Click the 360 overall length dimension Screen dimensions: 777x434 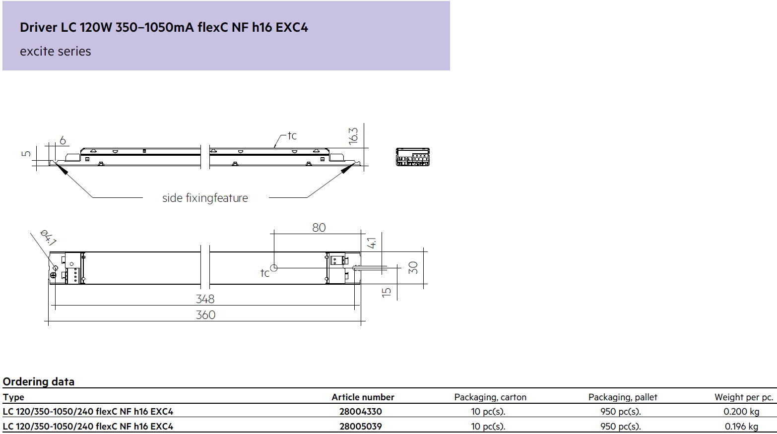205,315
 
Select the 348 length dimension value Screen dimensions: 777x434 205,299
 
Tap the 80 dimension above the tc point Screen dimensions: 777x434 319,227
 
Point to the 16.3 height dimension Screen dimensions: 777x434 353,136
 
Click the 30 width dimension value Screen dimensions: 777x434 413,268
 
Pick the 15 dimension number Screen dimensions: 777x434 386,292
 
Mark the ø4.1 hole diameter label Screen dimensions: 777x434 48,238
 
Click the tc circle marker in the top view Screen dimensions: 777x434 274,268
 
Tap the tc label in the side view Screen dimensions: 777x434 292,135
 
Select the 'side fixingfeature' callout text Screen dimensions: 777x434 205,198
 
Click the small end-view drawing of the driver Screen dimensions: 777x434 413,157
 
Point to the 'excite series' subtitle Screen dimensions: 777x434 56,51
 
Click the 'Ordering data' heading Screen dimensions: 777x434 39,381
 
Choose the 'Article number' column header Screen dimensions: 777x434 363,397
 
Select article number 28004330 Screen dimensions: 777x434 360,412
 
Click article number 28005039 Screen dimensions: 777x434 360,426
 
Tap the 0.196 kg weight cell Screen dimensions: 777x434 741,426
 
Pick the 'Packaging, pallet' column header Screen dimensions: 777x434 623,397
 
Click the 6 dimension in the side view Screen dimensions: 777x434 63,140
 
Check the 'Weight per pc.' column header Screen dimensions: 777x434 744,397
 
